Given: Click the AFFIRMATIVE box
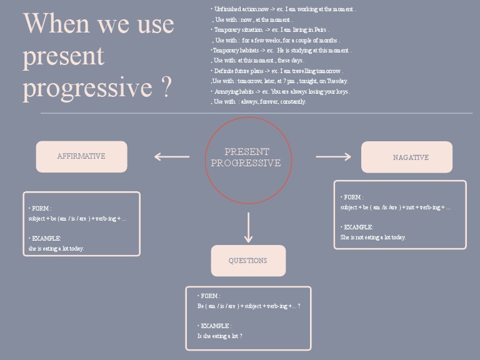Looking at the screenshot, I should [x=81, y=156].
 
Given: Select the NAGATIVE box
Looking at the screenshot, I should [x=407, y=157].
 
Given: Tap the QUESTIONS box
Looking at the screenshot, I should [x=248, y=261].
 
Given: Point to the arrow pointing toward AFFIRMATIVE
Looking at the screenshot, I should [x=171, y=157].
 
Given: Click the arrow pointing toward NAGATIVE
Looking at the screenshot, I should [x=333, y=157].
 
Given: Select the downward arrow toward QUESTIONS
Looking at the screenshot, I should [x=249, y=227].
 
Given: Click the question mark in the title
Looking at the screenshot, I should [x=165, y=88].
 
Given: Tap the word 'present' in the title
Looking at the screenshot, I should [x=63, y=56].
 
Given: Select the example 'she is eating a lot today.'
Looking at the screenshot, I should [x=56, y=248].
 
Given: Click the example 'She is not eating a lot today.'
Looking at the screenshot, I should [x=373, y=237].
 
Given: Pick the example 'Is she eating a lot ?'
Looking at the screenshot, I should [x=220, y=336].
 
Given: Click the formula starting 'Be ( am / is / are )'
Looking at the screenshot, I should [x=249, y=306].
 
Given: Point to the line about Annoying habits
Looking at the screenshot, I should [x=281, y=91].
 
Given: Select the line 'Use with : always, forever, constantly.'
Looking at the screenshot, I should [x=259, y=101].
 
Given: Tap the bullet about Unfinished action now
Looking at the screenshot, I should [x=284, y=9].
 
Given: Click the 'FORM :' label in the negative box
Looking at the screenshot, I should [x=353, y=197].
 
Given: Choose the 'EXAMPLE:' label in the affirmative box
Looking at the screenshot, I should [x=46, y=238].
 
